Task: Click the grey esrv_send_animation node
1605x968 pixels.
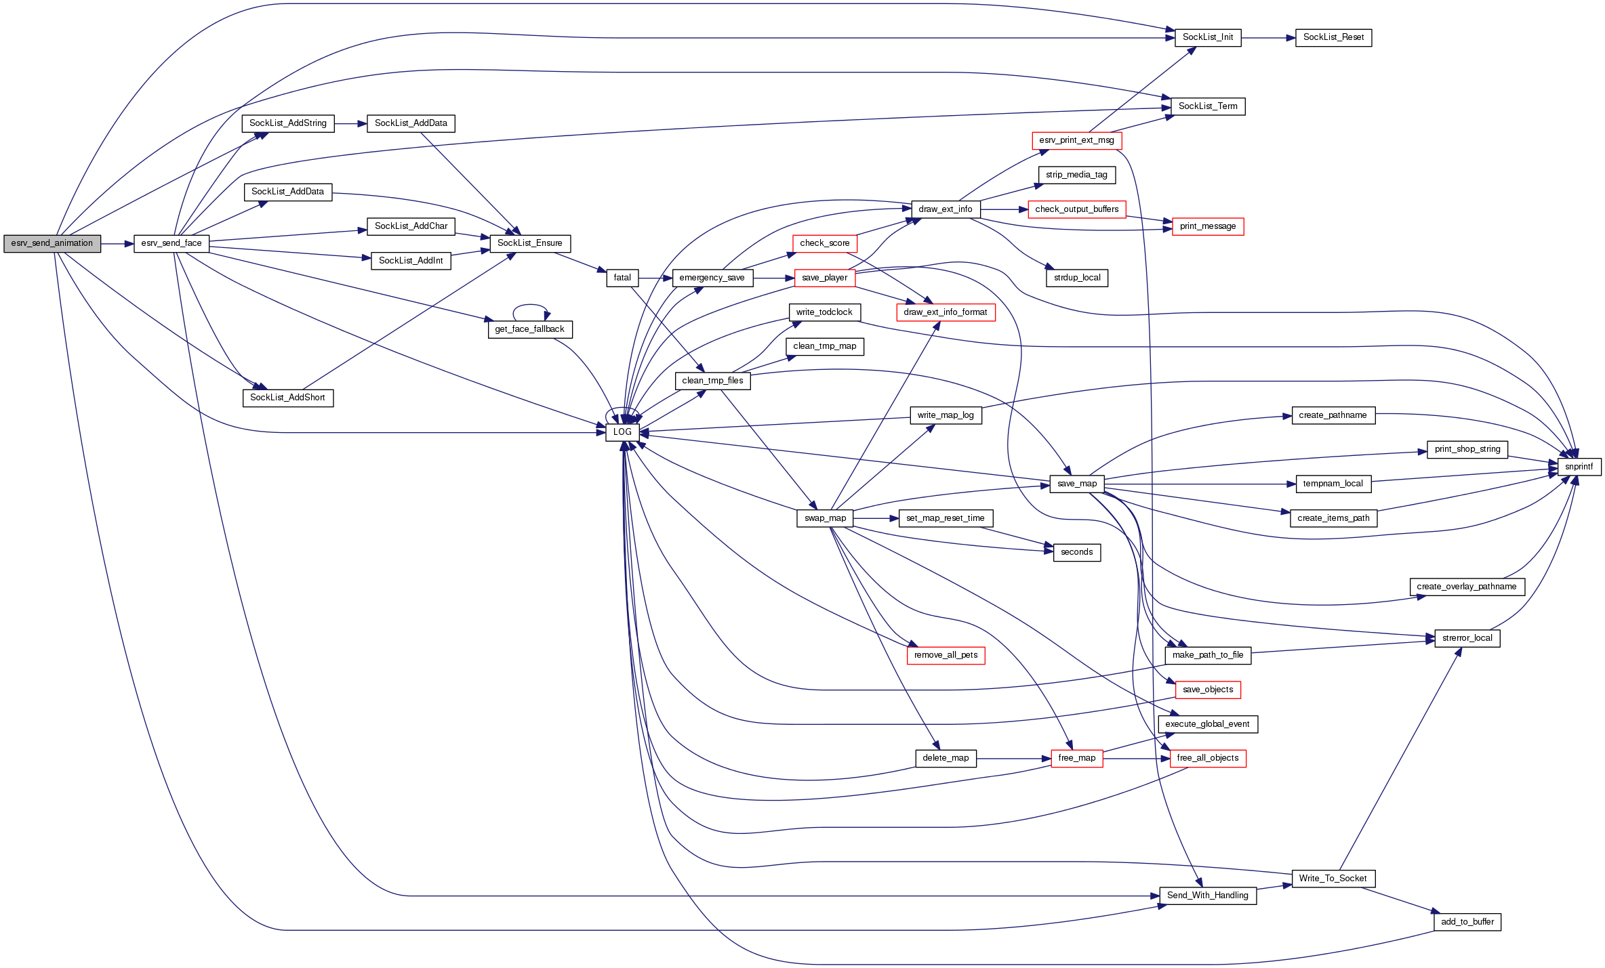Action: pos(52,244)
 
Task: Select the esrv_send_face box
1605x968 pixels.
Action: pos(171,244)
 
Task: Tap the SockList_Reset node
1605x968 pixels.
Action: pos(1333,38)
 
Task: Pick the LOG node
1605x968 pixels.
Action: pos(622,432)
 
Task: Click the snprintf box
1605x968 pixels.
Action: pos(1579,467)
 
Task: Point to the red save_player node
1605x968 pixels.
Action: pos(825,278)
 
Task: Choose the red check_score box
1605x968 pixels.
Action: pos(825,243)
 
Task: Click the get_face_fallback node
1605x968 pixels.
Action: pos(530,329)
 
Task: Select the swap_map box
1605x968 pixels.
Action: pos(825,518)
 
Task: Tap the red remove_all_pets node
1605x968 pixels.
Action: pos(946,655)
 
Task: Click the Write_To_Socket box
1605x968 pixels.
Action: pos(1333,879)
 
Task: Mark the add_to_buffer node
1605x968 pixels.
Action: pos(1467,922)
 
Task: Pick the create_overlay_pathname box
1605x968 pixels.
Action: pos(1467,587)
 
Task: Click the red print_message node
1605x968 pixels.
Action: pos(1208,226)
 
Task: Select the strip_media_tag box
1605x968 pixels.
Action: pos(1076,175)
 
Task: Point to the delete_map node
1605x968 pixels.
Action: pos(946,758)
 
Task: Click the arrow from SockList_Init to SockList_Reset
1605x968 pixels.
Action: pos(1267,38)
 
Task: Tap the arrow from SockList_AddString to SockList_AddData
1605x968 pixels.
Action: pos(350,124)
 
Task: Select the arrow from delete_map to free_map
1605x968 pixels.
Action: pos(1013,759)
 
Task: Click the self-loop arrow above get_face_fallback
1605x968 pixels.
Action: pos(530,306)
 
